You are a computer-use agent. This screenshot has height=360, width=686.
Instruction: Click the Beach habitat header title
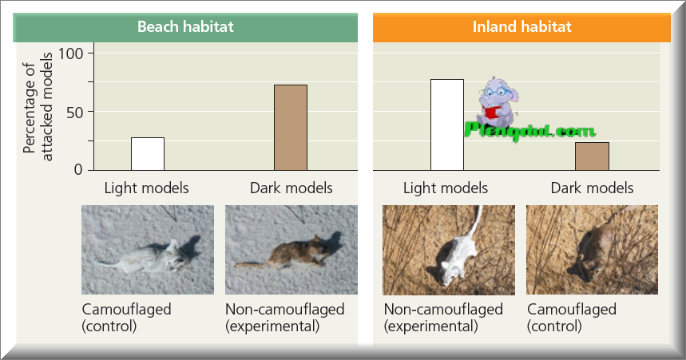coord(185,27)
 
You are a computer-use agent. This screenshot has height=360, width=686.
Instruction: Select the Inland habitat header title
coord(521,27)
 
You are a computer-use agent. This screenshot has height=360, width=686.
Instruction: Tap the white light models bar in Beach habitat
coord(148,154)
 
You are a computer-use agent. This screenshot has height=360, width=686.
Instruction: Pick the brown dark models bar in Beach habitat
coord(291,128)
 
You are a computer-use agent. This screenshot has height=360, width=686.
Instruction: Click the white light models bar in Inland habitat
coord(446,125)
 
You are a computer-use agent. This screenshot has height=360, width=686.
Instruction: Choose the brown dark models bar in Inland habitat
coord(592,156)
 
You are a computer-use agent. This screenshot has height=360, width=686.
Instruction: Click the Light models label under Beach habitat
coord(146,188)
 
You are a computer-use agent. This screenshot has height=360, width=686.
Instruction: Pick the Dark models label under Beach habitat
coord(291,188)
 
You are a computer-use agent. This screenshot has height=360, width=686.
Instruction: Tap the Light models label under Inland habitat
coord(446,188)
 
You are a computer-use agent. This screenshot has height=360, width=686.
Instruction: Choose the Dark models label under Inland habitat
coord(592,188)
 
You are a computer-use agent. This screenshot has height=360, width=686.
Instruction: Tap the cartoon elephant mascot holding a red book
coord(499,100)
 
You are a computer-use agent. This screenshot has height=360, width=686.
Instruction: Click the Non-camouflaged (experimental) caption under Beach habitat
coord(284,317)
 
